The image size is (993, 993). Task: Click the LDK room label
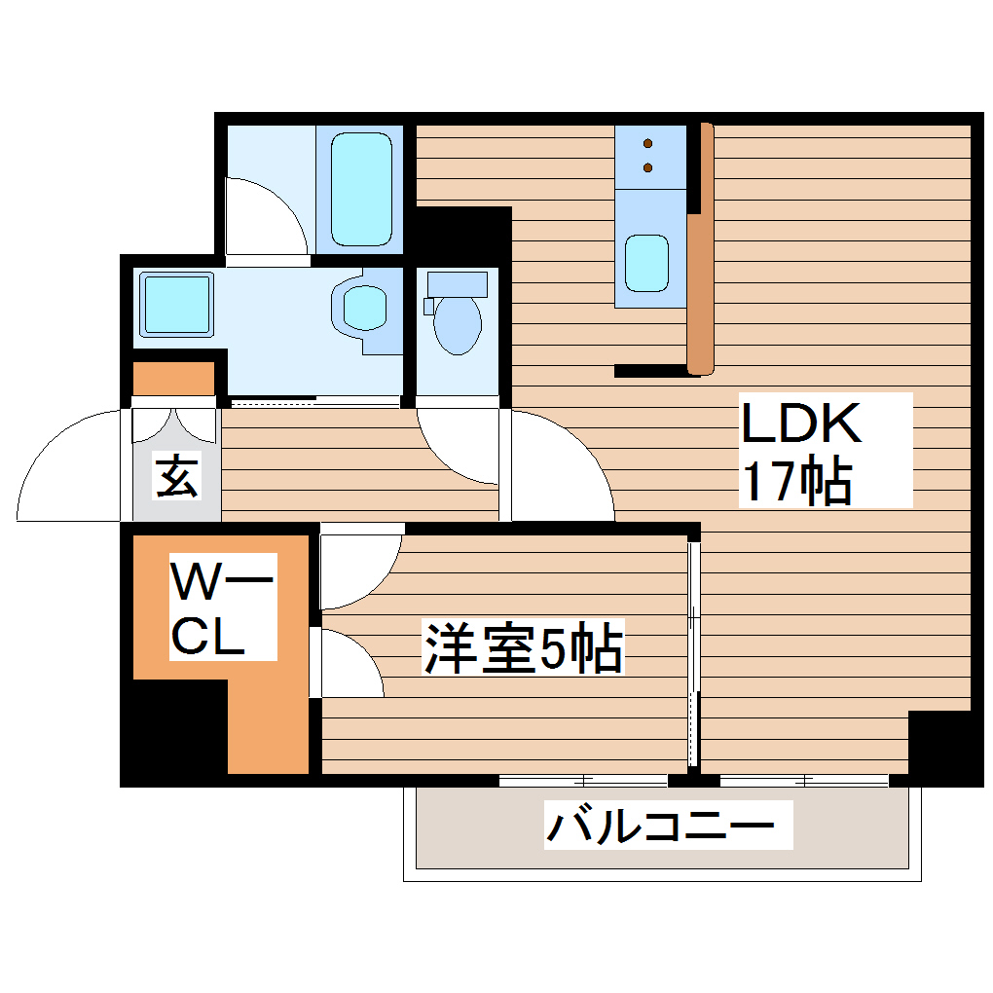click(x=801, y=424)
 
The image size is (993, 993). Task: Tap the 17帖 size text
click(x=796, y=481)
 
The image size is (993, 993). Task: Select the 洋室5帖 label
click(x=522, y=650)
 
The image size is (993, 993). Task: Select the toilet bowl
click(x=457, y=324)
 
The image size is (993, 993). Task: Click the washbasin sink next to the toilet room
click(x=364, y=308)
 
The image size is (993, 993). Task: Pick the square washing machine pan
click(x=176, y=303)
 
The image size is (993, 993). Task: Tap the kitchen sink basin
click(x=646, y=263)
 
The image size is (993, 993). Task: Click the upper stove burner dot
click(x=648, y=145)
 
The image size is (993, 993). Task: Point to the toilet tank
click(x=457, y=283)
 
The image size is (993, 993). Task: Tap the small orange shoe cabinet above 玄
click(x=173, y=378)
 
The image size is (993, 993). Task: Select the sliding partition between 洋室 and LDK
click(x=693, y=652)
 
